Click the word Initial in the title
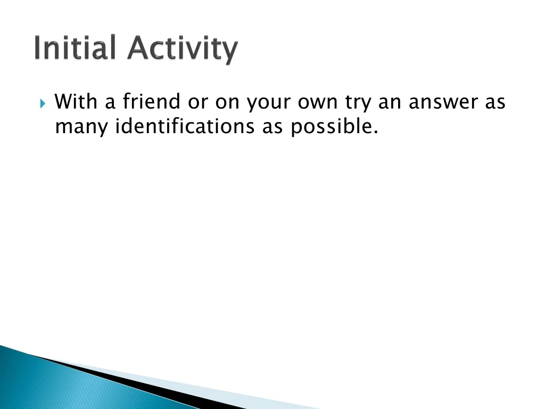pyautogui.click(x=75, y=48)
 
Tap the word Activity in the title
pyautogui.click(x=182, y=50)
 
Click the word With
pyautogui.click(x=77, y=101)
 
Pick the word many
pyautogui.click(x=81, y=128)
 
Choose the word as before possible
pyautogui.click(x=272, y=128)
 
